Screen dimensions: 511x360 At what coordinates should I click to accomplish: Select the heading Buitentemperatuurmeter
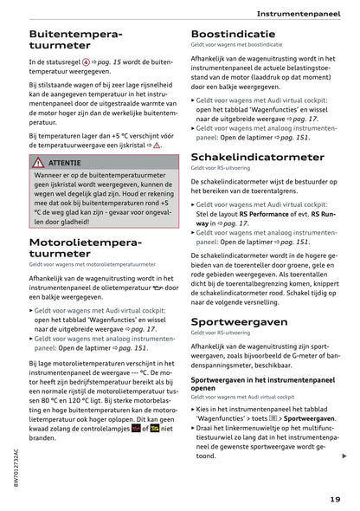pos(76,43)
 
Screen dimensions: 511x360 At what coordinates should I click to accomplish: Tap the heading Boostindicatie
pos(233,35)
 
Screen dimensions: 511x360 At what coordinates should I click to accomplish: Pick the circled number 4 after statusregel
pos(84,63)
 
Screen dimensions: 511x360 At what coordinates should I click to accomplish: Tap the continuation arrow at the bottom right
pos(344,456)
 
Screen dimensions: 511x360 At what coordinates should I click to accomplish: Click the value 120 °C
pos(89,404)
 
